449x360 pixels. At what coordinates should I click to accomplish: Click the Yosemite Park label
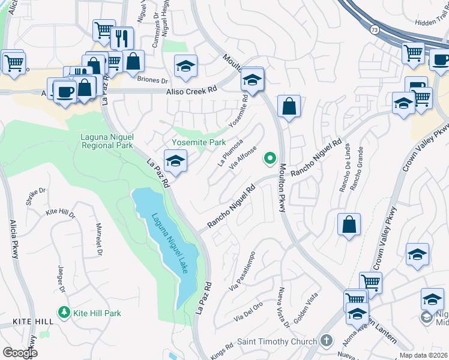(x=199, y=142)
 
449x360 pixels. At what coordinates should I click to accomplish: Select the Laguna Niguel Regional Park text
(x=107, y=140)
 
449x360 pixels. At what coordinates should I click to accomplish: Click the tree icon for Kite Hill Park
(x=63, y=312)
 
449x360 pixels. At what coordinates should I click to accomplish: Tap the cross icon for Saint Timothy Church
(x=326, y=341)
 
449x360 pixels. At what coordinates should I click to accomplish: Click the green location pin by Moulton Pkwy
(x=270, y=159)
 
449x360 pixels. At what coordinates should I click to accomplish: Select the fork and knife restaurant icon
(x=122, y=38)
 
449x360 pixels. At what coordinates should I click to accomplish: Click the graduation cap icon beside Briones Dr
(x=186, y=66)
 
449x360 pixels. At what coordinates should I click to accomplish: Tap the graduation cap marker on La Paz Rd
(x=175, y=161)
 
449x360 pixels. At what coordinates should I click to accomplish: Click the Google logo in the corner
(x=20, y=352)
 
